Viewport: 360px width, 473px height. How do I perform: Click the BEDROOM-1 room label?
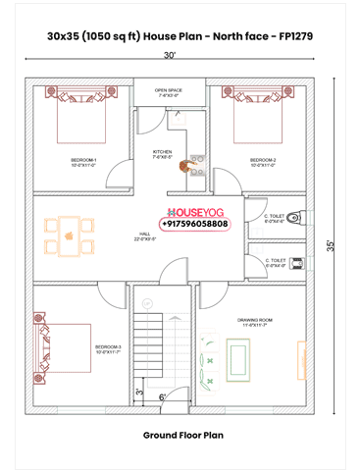(x=83, y=161)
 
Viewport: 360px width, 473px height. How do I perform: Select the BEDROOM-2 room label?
(x=263, y=161)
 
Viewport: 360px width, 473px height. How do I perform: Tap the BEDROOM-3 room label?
(x=109, y=348)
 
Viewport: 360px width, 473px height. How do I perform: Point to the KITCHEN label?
(x=163, y=153)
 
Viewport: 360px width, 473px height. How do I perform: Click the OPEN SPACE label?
(x=168, y=91)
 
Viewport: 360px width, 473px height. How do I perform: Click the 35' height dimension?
(x=342, y=246)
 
